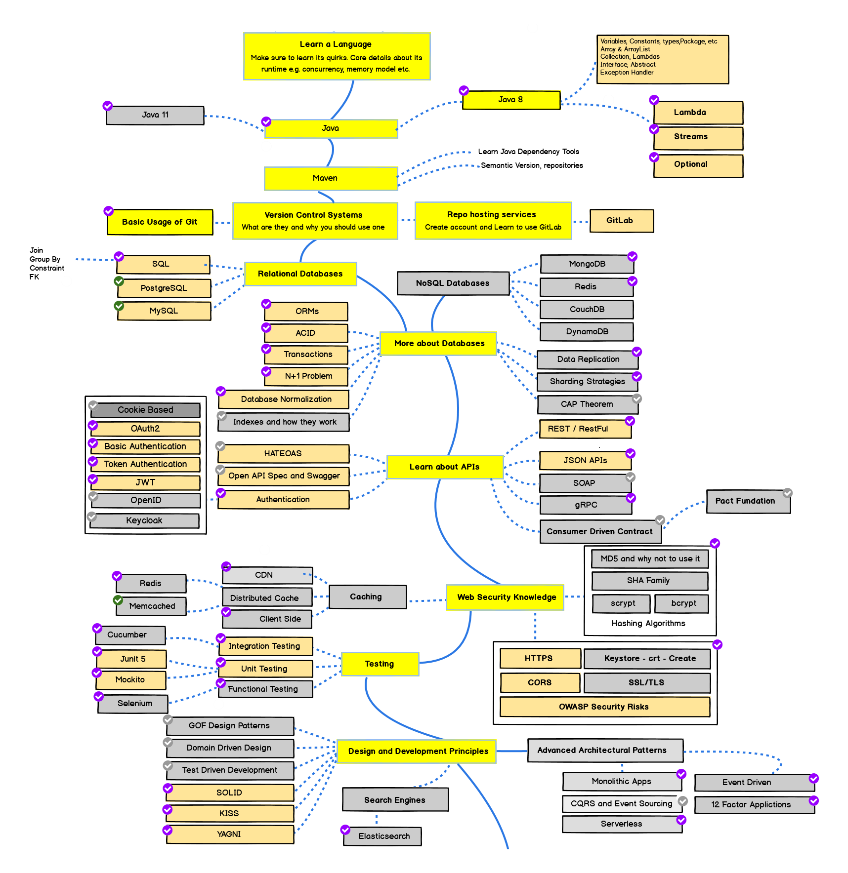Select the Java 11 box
(x=155, y=115)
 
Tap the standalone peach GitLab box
(x=621, y=221)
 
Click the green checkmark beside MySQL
(x=119, y=306)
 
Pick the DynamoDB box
(x=587, y=331)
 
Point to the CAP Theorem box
(x=587, y=404)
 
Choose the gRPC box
(x=586, y=505)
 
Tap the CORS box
(x=540, y=682)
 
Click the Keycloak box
(x=144, y=520)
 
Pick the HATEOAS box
(x=283, y=453)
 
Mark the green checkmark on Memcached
(x=118, y=600)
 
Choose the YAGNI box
(x=230, y=834)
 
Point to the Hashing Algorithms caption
(x=648, y=623)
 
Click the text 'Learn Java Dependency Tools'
(x=528, y=152)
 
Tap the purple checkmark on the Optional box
(x=654, y=157)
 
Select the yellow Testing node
(x=380, y=664)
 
